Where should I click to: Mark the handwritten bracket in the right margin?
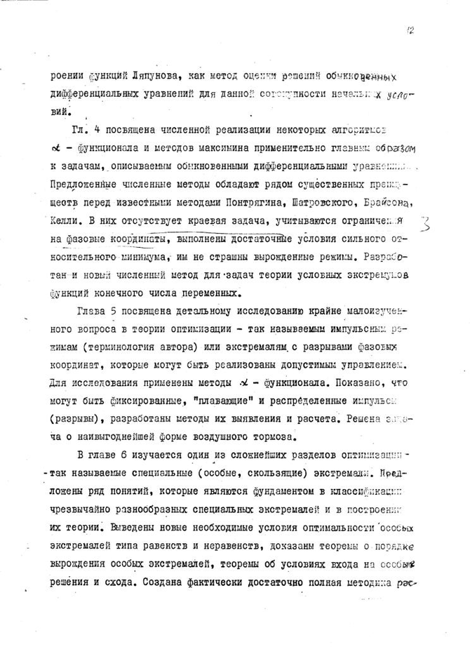coord(425,227)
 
